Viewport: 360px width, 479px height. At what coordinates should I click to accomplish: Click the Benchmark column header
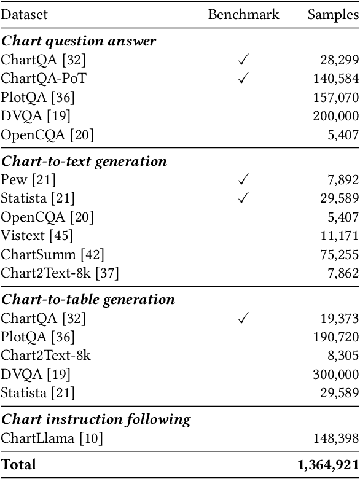pos(243,15)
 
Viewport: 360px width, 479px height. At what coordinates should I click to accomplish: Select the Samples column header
pos(333,15)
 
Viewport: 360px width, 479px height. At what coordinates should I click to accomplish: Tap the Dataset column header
pos(24,15)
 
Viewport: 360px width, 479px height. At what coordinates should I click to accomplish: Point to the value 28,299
pos(340,60)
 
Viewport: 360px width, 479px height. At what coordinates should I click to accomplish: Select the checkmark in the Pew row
pos(243,179)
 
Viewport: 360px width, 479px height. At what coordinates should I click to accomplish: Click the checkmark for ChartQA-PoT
pos(243,78)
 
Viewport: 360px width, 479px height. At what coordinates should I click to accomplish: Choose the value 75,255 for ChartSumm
pos(340,254)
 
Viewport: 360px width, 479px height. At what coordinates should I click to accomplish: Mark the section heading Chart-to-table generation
pos(88,300)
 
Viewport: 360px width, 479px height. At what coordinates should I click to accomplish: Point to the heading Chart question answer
pos(78,41)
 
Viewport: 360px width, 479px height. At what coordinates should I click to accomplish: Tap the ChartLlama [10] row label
pos(52,438)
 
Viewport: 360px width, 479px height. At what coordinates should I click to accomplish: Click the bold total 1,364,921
pos(328,465)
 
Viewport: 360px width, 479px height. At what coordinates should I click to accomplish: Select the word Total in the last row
pos(18,465)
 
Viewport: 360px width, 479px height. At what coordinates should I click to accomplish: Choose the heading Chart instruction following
pos(95,419)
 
